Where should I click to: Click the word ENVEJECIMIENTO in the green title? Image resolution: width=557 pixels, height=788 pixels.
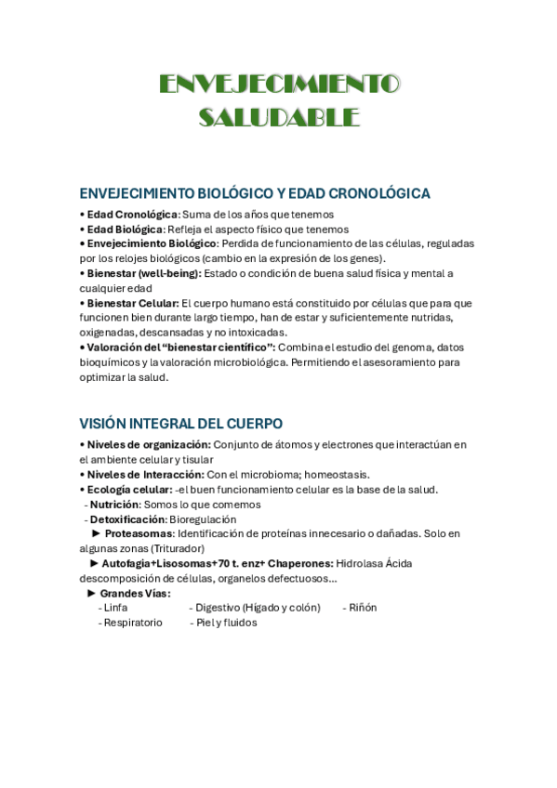pos(279,85)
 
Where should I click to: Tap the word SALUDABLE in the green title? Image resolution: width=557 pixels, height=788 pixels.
pos(279,117)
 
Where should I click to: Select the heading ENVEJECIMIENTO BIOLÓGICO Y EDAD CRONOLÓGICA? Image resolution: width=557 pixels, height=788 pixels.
pos(255,193)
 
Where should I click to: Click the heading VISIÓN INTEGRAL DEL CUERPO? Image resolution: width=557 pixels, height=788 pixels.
pos(181,424)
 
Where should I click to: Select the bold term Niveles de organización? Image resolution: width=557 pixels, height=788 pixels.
pos(149,444)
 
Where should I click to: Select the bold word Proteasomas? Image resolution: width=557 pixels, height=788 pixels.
pos(139,534)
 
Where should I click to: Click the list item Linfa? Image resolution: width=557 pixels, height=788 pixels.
pos(115,608)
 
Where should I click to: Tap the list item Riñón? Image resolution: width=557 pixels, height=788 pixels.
pos(363,608)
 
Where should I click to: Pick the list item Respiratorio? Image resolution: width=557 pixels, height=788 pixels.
pos(133,623)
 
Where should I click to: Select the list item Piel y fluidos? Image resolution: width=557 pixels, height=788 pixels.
pos(226,623)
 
